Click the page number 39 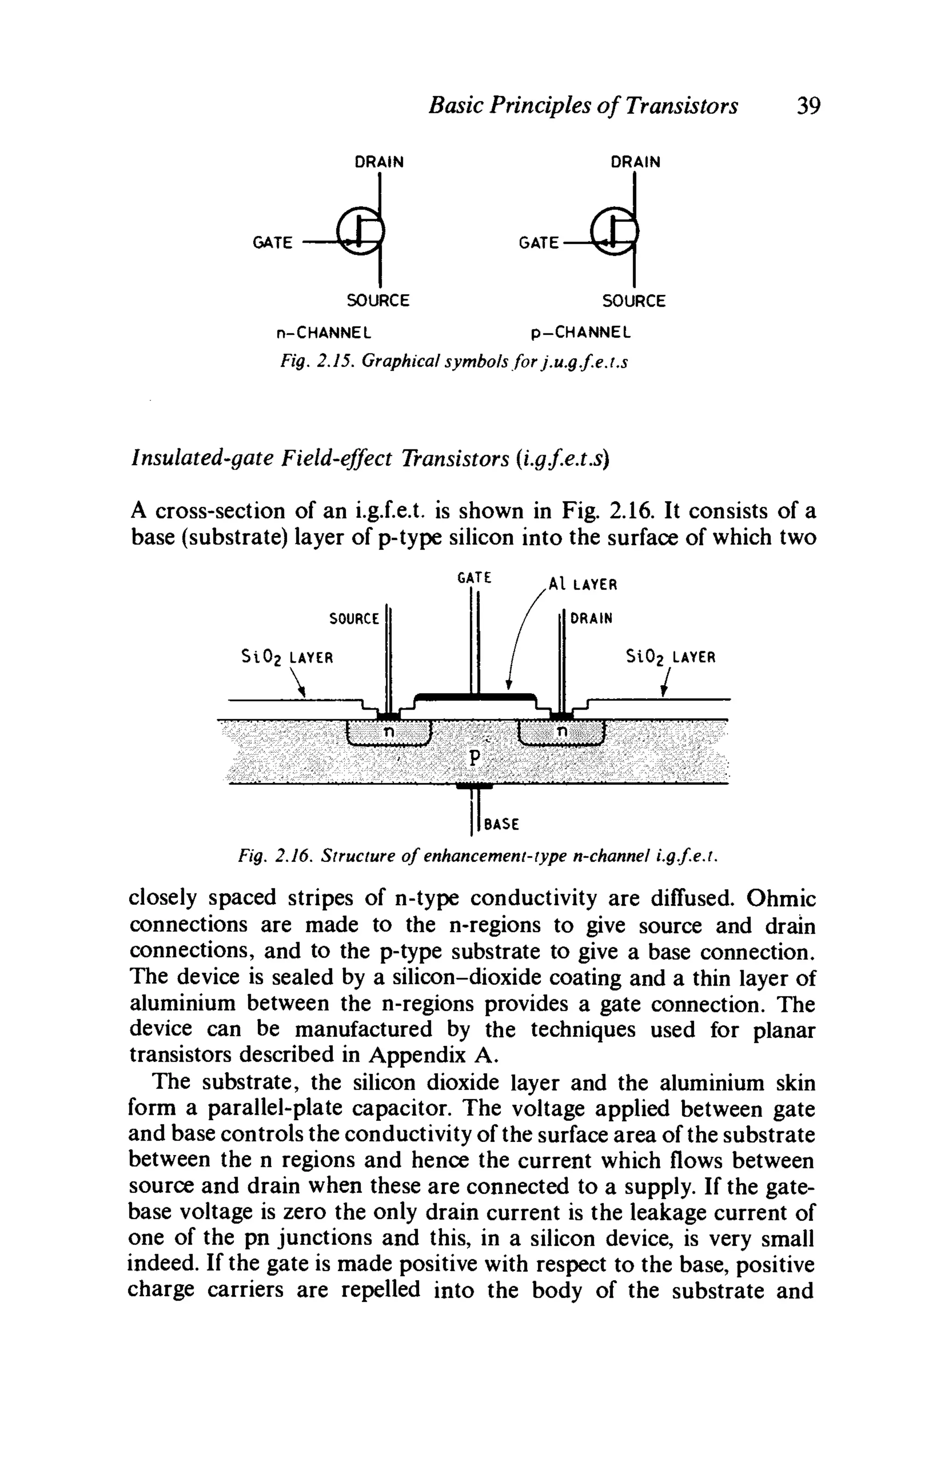coord(807,106)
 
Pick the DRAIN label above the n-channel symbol coord(379,162)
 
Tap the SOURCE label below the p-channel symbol coord(634,301)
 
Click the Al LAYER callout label coord(582,585)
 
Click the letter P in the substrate coord(472,758)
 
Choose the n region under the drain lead coord(562,732)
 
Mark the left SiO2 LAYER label coord(287,658)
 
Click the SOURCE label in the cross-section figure coord(354,619)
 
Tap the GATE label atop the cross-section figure coord(474,577)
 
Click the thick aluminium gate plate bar coord(475,695)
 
